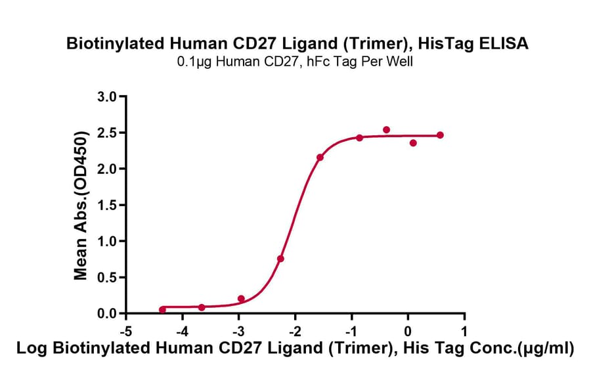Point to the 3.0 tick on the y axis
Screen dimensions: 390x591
click(107, 97)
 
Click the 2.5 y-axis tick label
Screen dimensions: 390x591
click(107, 133)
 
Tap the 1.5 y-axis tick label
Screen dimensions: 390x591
click(107, 205)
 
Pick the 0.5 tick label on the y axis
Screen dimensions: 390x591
click(107, 277)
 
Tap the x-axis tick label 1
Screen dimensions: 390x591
click(464, 330)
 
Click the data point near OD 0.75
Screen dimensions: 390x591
click(280, 259)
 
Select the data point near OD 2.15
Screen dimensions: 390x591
click(320, 158)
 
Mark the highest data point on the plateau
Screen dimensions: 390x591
click(386, 130)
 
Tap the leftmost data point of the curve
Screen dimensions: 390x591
click(162, 309)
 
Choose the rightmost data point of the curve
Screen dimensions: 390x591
click(440, 135)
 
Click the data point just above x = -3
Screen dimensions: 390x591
click(241, 299)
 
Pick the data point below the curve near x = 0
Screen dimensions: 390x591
click(413, 142)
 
